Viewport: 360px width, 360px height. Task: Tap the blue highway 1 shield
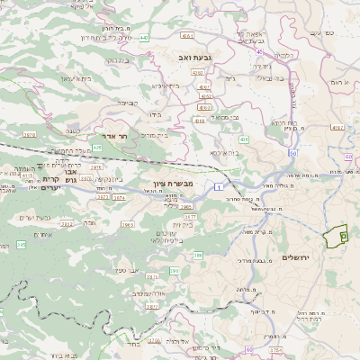click(218, 185)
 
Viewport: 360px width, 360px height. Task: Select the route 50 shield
click(292, 154)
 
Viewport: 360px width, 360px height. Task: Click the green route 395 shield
click(21, 245)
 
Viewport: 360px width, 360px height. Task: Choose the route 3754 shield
click(275, 349)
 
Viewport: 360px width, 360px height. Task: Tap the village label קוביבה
click(127, 103)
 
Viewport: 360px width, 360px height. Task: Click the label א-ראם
click(339, 82)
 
